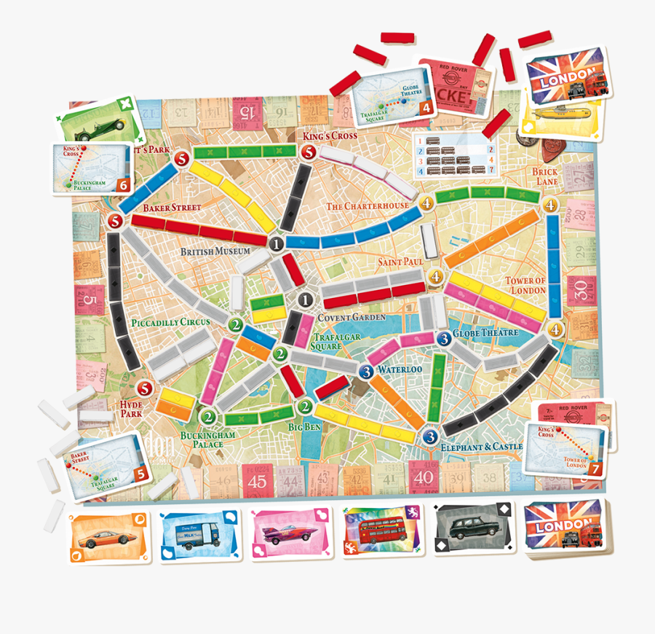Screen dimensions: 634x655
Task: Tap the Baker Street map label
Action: coord(171,208)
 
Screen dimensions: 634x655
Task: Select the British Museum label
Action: coord(215,251)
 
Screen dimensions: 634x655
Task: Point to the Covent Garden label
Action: coord(352,318)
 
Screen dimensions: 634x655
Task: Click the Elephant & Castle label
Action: coord(481,445)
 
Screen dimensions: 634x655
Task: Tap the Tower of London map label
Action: coord(526,285)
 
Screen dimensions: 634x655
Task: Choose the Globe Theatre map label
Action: coord(485,333)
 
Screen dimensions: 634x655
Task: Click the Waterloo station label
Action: coord(400,369)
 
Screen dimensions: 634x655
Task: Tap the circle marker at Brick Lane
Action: coord(551,205)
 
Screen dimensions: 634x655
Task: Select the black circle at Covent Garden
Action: coord(306,299)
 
